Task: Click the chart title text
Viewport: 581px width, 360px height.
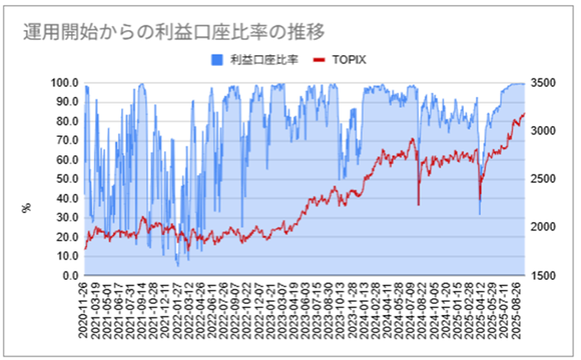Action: pyautogui.click(x=173, y=31)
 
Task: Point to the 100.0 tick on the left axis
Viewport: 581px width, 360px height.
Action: pyautogui.click(x=64, y=84)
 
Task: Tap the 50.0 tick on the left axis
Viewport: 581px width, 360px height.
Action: pyautogui.click(x=66, y=180)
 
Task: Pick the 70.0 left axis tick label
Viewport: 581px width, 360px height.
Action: pyautogui.click(x=66, y=141)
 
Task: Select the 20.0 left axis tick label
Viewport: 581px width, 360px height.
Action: pyautogui.click(x=66, y=237)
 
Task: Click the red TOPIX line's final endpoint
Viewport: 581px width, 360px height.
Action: pyautogui.click(x=524, y=114)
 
